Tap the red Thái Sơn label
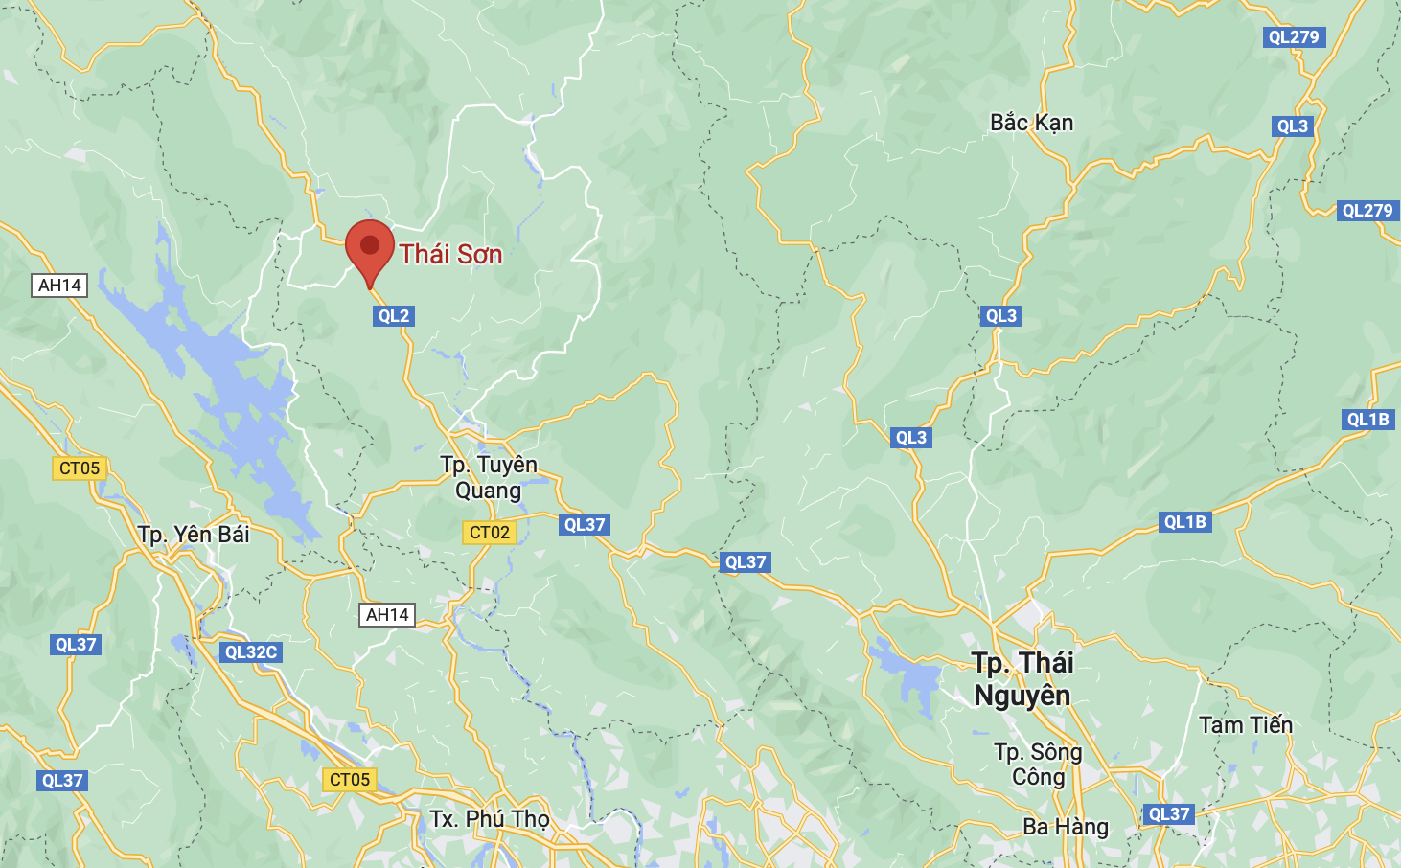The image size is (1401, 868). click(x=450, y=255)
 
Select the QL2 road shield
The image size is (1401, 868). click(x=393, y=316)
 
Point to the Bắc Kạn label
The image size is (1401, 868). click(x=1031, y=124)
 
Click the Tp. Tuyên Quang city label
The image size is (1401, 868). click(x=489, y=477)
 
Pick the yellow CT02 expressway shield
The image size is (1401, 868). click(x=489, y=533)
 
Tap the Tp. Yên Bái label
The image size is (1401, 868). click(x=194, y=535)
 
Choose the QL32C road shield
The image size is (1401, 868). click(x=250, y=652)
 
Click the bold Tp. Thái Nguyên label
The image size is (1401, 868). click(x=1022, y=678)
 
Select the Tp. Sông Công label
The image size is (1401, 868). click(x=1038, y=764)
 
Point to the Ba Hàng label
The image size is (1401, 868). click(x=1065, y=827)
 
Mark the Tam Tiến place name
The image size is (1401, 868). click(x=1245, y=725)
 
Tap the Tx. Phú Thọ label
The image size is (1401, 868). click(x=490, y=819)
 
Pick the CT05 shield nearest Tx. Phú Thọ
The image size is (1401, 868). click(x=349, y=780)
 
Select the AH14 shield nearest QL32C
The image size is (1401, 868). click(x=387, y=615)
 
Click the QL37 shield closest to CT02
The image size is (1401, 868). click(x=585, y=525)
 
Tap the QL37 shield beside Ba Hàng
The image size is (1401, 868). click(x=1168, y=814)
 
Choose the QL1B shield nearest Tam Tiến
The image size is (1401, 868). click(x=1184, y=522)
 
